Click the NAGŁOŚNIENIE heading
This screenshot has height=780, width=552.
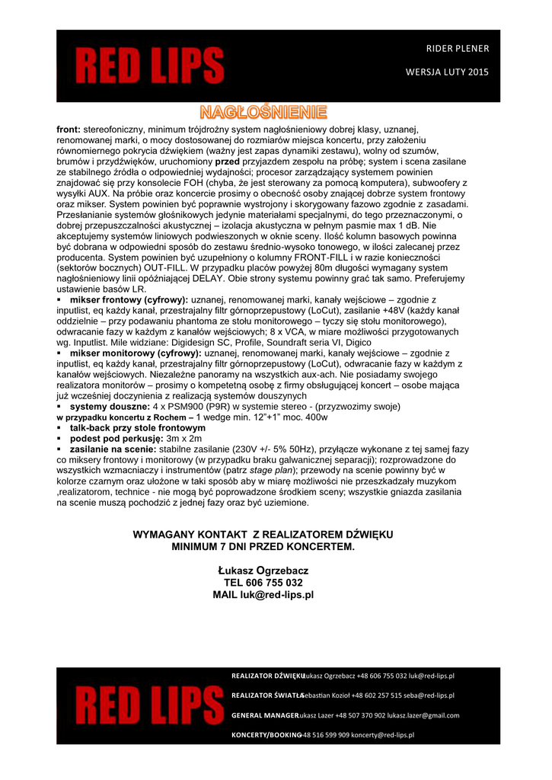tap(263, 113)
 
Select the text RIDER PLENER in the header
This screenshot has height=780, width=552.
tap(458, 49)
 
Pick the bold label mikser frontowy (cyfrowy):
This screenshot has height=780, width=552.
tap(129, 301)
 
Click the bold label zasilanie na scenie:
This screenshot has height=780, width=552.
tap(113, 449)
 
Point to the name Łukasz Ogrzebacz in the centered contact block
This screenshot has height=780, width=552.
tap(263, 570)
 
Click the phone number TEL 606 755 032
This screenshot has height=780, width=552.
tap(263, 582)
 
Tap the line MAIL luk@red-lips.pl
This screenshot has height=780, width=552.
tap(263, 594)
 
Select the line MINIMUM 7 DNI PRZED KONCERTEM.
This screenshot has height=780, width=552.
tap(263, 547)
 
